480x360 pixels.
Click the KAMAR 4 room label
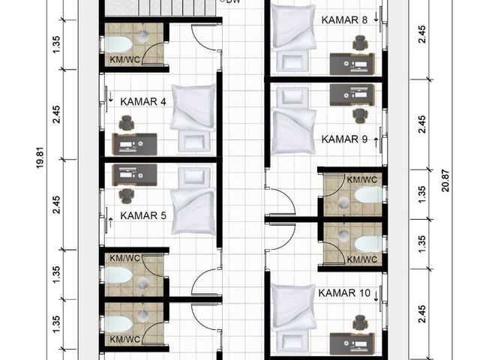(x=143, y=102)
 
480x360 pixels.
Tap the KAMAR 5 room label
(x=143, y=215)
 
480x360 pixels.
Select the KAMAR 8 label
(x=344, y=20)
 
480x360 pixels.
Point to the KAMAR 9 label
(x=344, y=139)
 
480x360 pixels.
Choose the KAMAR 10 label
(x=344, y=293)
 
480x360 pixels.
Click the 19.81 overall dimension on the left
(x=40, y=158)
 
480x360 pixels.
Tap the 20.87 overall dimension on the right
(x=445, y=181)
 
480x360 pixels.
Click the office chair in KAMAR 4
(x=127, y=123)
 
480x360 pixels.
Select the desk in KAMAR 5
(x=135, y=175)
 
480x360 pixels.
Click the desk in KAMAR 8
(x=352, y=64)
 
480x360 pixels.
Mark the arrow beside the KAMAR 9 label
(x=376, y=142)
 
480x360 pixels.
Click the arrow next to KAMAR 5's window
(x=110, y=223)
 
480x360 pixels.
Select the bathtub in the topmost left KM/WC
(x=118, y=44)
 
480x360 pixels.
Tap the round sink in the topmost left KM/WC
(x=142, y=36)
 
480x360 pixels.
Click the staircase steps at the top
(x=160, y=8)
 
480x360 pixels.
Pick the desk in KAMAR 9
(x=352, y=94)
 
